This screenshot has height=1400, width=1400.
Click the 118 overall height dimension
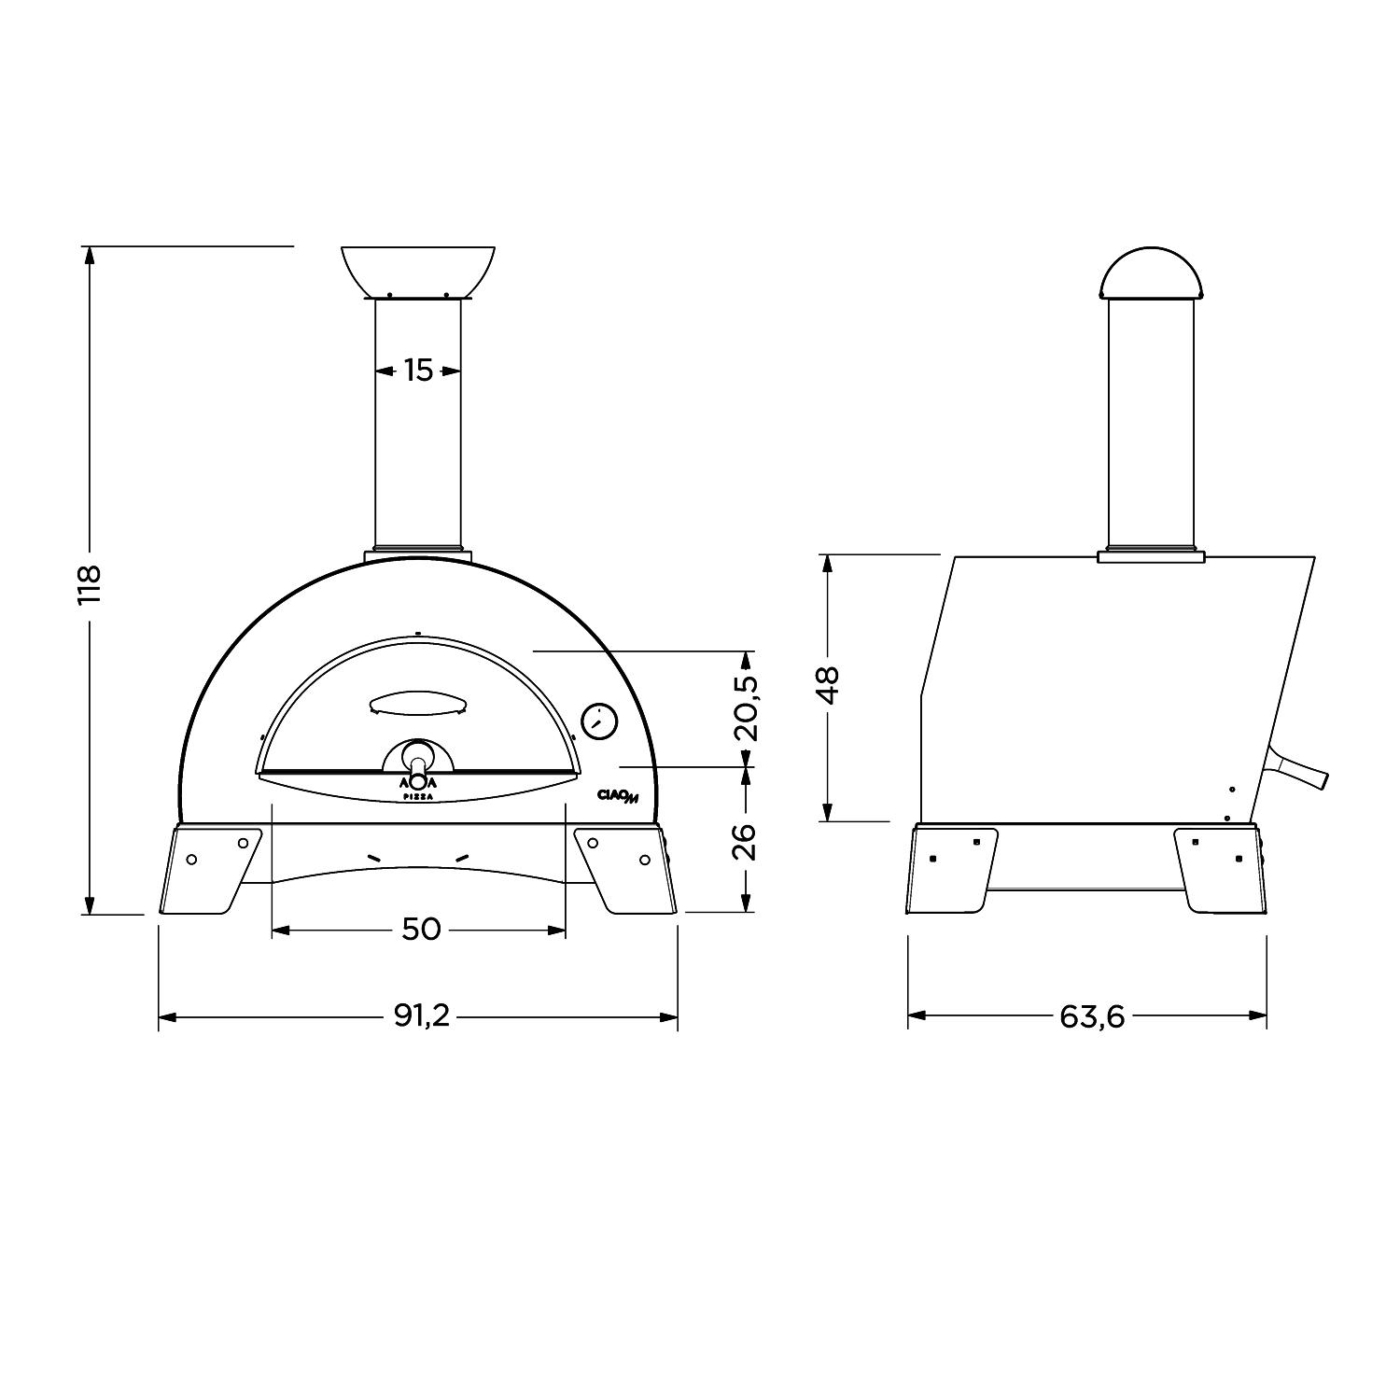89,584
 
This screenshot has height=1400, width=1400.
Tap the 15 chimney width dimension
418,371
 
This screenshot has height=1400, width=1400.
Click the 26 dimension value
746,840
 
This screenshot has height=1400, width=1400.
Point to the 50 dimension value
420,930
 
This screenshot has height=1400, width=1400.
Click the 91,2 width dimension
421,1015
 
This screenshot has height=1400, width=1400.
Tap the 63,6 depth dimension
1091,1015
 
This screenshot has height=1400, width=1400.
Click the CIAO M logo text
617,795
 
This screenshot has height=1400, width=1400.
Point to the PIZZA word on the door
418,796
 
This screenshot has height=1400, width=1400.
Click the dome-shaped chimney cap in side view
1151,273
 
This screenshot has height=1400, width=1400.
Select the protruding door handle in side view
1297,771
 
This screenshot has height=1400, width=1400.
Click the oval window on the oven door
417,702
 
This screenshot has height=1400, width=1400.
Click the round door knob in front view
419,754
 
